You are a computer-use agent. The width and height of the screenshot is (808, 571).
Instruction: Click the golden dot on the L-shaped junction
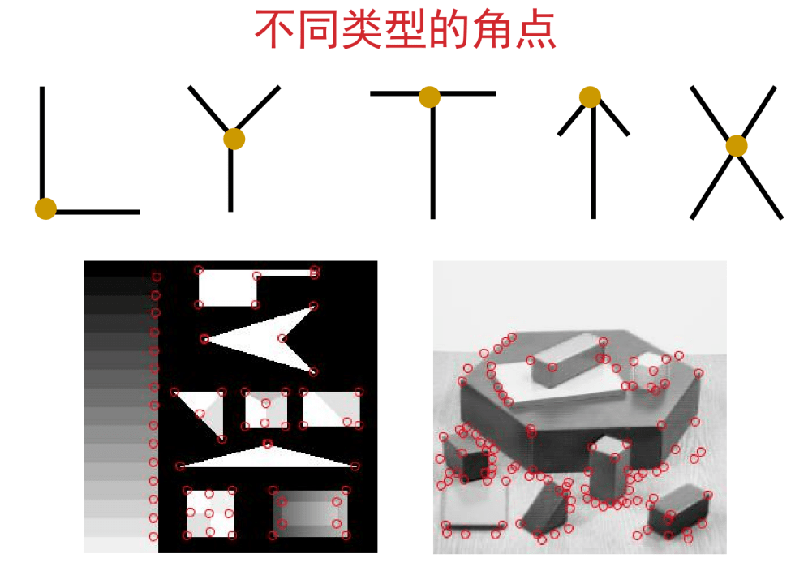[45, 208]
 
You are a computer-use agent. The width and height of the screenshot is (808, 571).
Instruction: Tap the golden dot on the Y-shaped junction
[234, 139]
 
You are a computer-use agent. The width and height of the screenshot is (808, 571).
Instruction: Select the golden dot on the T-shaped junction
[429, 97]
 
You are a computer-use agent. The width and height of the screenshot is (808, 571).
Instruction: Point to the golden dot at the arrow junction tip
[590, 97]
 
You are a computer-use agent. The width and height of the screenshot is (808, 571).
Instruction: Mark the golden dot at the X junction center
[737, 146]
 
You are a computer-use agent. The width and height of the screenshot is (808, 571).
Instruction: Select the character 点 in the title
[536, 30]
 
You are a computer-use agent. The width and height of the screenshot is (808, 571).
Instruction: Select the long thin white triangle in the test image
[268, 457]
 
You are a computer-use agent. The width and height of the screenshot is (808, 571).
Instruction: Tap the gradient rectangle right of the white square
[310, 513]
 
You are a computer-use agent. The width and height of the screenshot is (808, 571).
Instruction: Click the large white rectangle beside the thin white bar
[227, 288]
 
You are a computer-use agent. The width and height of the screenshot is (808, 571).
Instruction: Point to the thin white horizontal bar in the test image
[286, 273]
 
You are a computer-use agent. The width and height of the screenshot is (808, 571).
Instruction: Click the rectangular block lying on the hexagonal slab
[565, 361]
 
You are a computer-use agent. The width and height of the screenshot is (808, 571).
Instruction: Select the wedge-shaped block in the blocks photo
[544, 509]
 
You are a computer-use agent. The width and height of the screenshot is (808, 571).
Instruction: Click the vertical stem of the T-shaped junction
[433, 157]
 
